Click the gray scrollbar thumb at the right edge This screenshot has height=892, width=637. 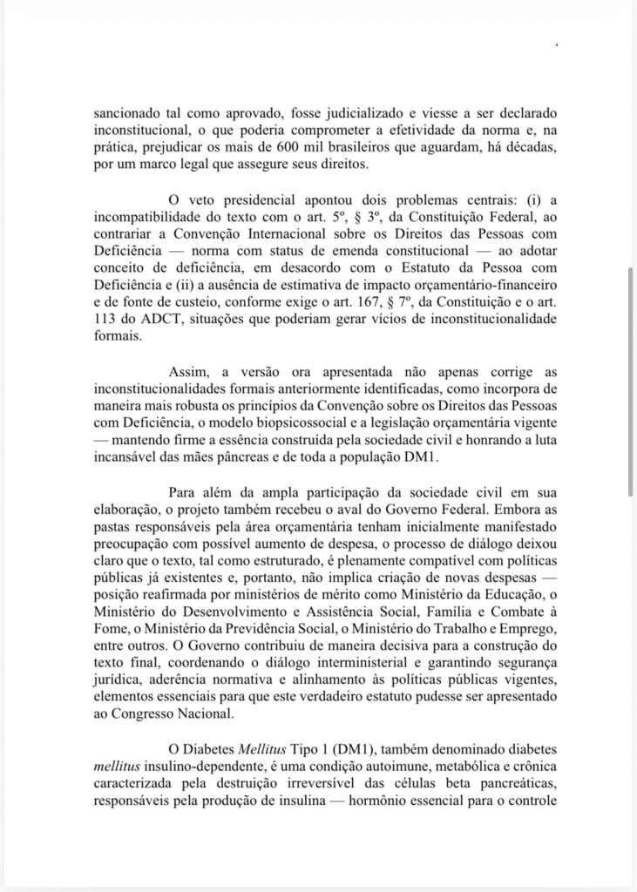click(631, 383)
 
